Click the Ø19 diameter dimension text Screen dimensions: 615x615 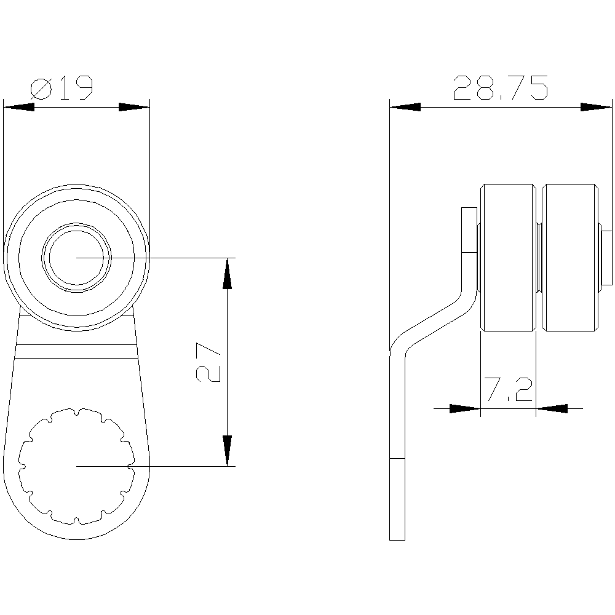(61, 89)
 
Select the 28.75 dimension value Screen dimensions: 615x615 (499, 89)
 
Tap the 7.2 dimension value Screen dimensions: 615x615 (507, 390)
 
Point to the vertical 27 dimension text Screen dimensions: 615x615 (209, 363)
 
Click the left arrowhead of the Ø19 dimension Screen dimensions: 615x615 (18, 107)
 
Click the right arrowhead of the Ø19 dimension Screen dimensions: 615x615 (134, 107)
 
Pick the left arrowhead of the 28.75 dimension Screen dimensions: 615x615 (405, 107)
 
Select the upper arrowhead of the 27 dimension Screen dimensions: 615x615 (228, 274)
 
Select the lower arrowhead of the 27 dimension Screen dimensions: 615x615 (228, 450)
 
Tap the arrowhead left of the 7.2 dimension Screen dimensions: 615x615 (464, 408)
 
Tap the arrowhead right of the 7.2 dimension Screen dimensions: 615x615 (551, 408)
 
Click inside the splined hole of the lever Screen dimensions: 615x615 (77, 466)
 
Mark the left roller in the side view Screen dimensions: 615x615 (508, 257)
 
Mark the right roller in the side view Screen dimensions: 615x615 (569, 257)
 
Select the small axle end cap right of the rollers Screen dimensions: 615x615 (607, 257)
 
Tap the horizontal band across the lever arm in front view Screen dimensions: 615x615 (77, 351)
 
